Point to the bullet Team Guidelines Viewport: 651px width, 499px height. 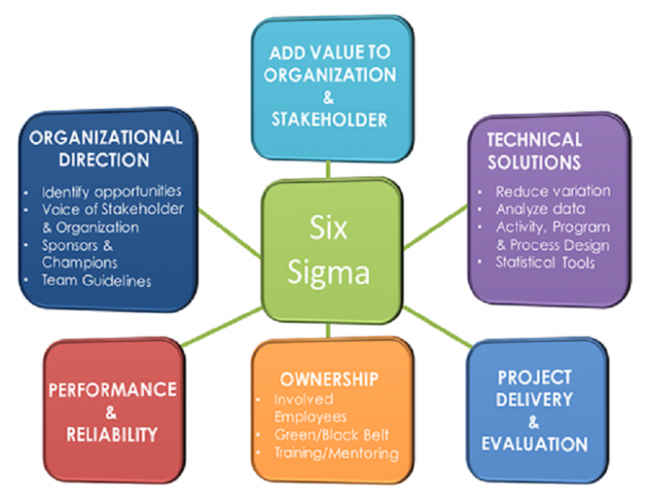pos(97,281)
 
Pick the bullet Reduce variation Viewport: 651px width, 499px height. pos(552,191)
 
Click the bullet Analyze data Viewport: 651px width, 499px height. pos(540,210)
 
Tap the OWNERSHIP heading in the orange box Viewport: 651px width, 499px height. pos(329,379)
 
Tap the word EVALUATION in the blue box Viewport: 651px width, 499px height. pos(534,443)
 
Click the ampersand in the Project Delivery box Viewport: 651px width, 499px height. pos(534,422)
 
